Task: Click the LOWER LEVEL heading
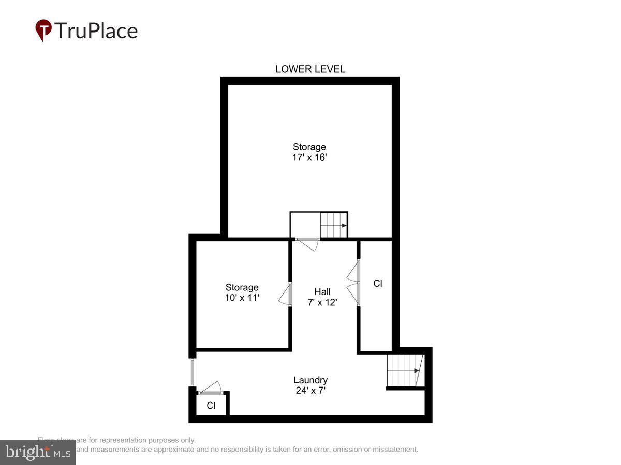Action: (310, 69)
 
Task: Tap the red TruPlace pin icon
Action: (43, 30)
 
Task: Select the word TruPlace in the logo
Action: (96, 30)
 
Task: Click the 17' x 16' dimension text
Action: (309, 157)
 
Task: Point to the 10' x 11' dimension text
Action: (242, 298)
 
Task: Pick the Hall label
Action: (322, 292)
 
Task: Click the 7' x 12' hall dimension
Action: (322, 302)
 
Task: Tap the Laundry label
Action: (310, 380)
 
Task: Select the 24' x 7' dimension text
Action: (310, 391)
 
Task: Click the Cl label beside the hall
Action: (378, 283)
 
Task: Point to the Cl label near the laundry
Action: (211, 406)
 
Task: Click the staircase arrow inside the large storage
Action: (344, 225)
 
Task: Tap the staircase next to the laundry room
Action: (405, 370)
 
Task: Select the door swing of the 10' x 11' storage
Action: (284, 296)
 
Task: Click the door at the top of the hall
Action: (308, 243)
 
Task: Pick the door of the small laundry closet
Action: (211, 389)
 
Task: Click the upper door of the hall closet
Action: (353, 270)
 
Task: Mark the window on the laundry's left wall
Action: (192, 371)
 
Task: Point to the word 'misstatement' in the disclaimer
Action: (395, 450)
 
